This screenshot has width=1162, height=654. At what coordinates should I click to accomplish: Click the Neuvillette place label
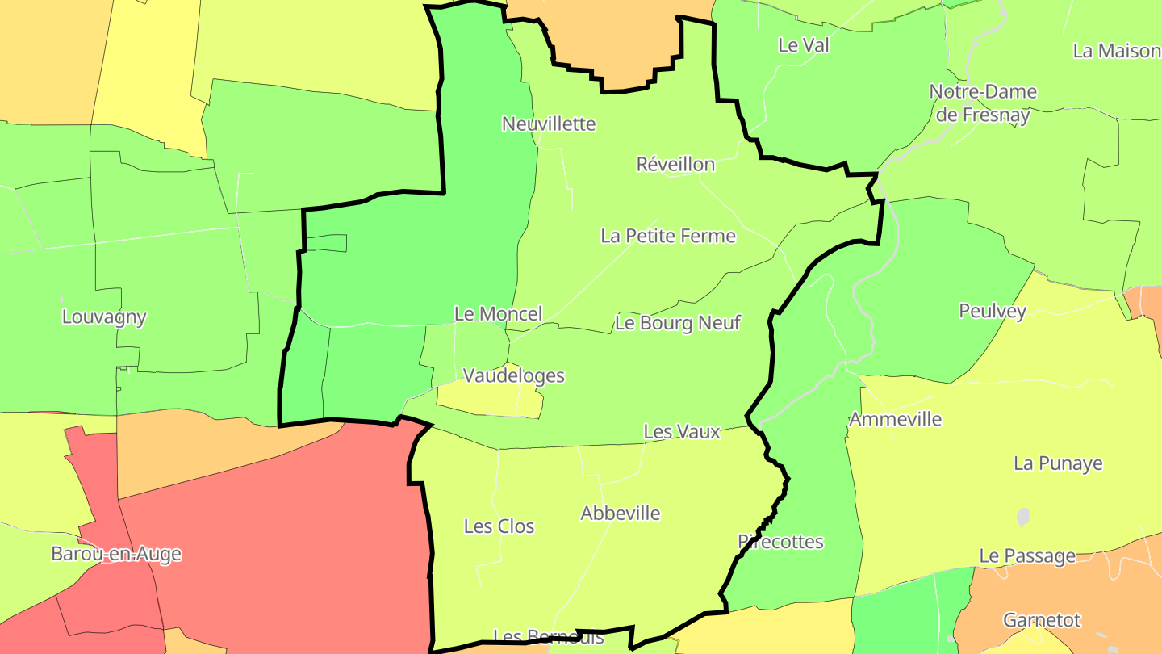pos(549,124)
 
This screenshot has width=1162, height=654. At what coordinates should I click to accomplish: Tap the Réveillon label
pos(675,164)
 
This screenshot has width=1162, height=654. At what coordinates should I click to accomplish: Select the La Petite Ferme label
pos(668,236)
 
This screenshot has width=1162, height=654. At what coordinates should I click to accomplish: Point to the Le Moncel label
pos(498,313)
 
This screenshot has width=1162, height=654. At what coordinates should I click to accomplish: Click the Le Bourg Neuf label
pos(678,323)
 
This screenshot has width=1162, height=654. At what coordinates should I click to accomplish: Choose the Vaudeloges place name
pos(513,375)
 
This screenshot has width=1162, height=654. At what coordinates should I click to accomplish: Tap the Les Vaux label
pos(681,431)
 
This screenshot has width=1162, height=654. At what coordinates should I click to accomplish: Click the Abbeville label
pos(620,513)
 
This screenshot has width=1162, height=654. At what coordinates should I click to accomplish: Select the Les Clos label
pos(499,526)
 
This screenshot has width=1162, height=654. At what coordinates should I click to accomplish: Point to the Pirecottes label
pos(780,542)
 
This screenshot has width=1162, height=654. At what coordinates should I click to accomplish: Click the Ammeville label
pos(895,419)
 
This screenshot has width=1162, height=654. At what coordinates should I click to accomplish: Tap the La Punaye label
pos(1058,463)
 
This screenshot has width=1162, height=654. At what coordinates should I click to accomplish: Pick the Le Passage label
pos(1027,555)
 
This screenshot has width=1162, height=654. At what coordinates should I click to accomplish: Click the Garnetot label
pos(1042,620)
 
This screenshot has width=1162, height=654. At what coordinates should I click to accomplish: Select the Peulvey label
pos(992,311)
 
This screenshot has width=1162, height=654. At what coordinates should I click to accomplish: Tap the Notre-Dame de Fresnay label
pos(983,103)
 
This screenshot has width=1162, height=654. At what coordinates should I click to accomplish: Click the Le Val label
pos(803,45)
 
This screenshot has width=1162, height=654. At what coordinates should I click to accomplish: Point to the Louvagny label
pos(104,317)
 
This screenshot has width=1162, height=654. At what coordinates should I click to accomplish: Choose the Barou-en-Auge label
pos(116,554)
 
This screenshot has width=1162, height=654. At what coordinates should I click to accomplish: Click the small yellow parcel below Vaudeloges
pos(484,400)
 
